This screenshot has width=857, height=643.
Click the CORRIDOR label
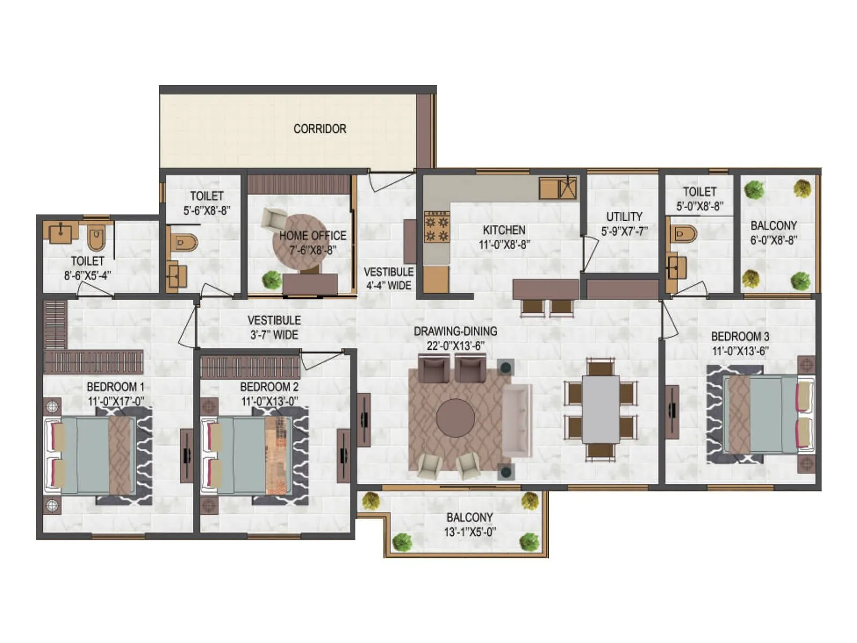(320, 129)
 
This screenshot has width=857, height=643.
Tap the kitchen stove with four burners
(437, 227)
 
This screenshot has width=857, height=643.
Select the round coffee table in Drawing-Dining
(455, 418)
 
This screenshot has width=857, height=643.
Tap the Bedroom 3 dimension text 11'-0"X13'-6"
(740, 351)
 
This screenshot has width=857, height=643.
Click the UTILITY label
(624, 216)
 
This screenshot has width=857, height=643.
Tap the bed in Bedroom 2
(246, 455)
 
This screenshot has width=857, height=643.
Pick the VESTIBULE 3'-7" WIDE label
(274, 327)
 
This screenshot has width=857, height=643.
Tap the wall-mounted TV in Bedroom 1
(186, 455)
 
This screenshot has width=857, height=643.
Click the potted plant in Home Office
(272, 280)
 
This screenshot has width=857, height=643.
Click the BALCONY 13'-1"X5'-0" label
(470, 524)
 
